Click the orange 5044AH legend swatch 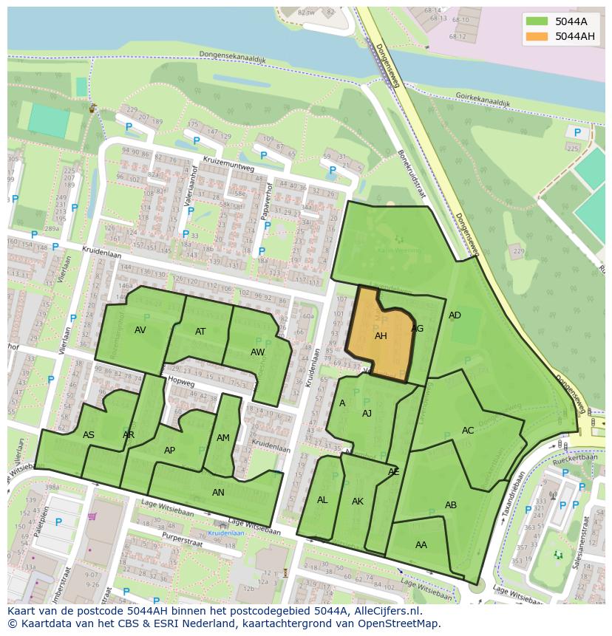click(537, 36)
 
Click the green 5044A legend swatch click(537, 21)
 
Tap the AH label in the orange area click(381, 336)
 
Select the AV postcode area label click(140, 330)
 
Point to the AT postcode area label click(200, 332)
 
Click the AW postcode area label click(257, 352)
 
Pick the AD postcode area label click(455, 315)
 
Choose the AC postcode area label click(468, 431)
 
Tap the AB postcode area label click(451, 505)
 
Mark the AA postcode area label click(421, 545)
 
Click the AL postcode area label click(322, 500)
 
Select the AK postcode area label click(358, 502)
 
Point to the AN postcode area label click(218, 493)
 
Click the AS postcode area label click(89, 435)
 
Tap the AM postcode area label click(223, 438)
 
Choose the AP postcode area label click(170, 451)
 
